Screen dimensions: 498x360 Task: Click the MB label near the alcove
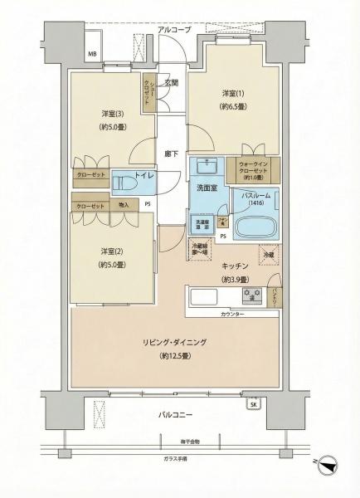pos(92,56)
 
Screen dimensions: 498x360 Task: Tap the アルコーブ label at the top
pos(173,30)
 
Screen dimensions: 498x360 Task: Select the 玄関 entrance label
pos(171,83)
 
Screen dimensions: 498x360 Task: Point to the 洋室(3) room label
pos(113,113)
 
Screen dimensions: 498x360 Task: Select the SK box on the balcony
pos(252,404)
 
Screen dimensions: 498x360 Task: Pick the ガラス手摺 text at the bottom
pos(175,459)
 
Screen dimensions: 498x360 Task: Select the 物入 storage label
pos(124,205)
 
